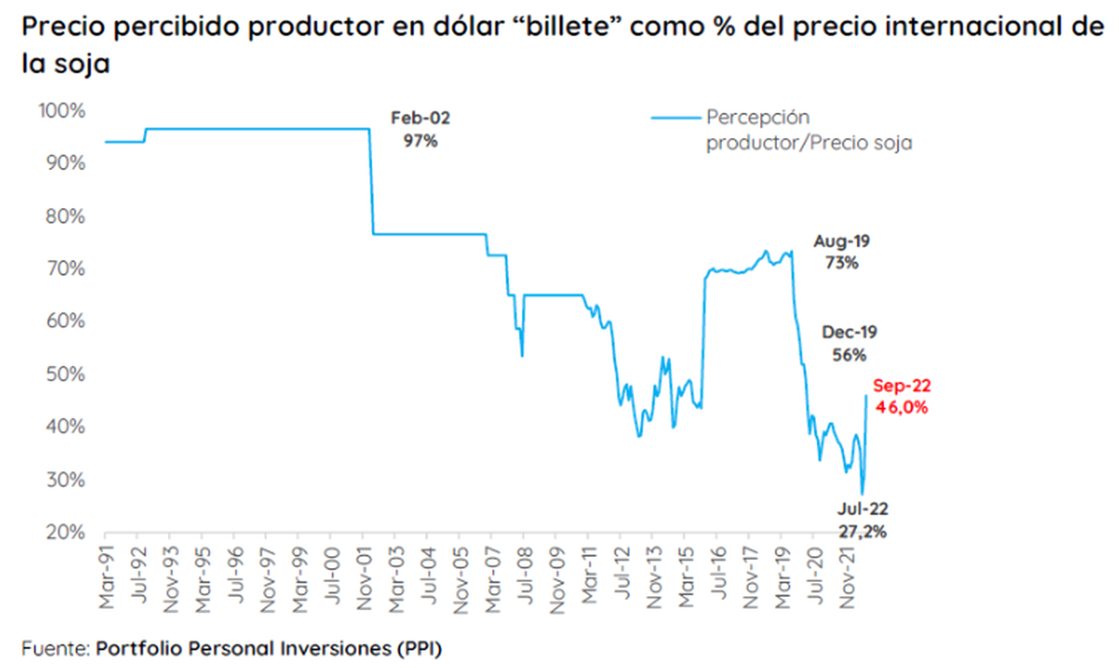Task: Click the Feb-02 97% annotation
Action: click(419, 131)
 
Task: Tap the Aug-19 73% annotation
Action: click(841, 252)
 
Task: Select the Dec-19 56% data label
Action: click(849, 343)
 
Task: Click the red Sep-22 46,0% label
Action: click(901, 396)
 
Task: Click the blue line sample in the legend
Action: click(673, 118)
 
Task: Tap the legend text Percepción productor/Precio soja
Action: click(808, 131)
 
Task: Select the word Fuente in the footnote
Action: click(50, 646)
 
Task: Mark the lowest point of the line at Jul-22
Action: click(863, 494)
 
